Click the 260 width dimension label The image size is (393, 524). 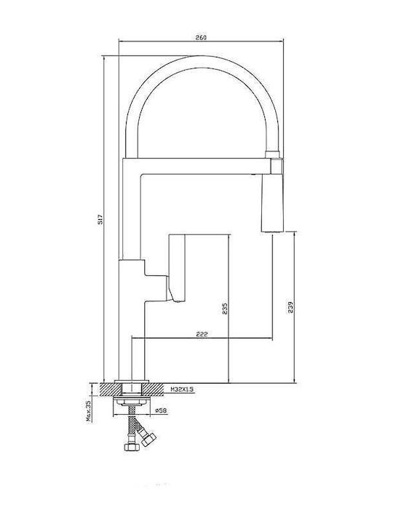tap(201, 37)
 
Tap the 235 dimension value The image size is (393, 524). tap(225, 309)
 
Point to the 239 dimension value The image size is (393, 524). tap(290, 307)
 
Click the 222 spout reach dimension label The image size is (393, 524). tap(202, 334)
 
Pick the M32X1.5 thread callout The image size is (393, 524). tap(182, 389)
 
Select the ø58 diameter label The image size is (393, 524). tap(162, 410)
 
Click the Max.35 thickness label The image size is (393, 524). tap(89, 410)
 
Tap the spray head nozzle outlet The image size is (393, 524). tap(272, 231)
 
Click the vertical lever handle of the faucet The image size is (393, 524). tap(177, 267)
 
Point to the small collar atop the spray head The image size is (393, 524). tap(271, 154)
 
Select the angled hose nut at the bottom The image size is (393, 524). tap(148, 439)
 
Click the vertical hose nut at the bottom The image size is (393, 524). tap(131, 446)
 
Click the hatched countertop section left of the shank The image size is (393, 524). tap(110, 389)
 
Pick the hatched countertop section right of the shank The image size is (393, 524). tap(154, 389)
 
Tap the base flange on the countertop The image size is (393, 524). tap(132, 381)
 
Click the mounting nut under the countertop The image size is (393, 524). tap(132, 401)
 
